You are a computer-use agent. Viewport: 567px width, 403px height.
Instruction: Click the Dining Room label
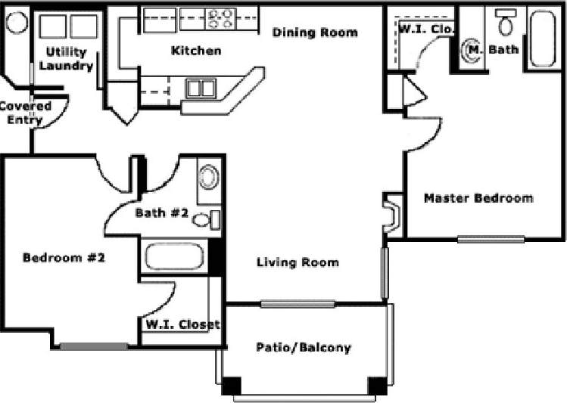(x=314, y=33)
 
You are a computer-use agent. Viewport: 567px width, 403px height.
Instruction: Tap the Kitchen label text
(x=196, y=51)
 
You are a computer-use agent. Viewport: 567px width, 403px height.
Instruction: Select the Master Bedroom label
(x=478, y=198)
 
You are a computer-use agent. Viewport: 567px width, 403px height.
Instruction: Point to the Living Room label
(x=298, y=262)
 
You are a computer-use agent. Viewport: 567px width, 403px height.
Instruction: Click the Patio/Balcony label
(x=303, y=348)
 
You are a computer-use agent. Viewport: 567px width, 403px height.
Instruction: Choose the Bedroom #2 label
(x=63, y=257)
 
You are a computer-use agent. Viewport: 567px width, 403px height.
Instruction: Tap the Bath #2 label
(x=161, y=213)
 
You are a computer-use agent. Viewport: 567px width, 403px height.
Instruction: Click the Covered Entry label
(x=26, y=113)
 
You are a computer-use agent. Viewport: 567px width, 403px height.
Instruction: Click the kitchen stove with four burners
(x=220, y=19)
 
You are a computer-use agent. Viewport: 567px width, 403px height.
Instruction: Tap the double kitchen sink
(x=201, y=88)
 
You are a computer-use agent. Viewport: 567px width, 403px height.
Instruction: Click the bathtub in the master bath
(x=543, y=39)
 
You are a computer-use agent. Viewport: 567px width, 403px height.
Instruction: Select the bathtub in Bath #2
(x=176, y=256)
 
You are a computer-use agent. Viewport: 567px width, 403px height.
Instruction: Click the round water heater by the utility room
(x=17, y=21)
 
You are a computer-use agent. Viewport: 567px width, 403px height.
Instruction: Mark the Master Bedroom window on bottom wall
(x=491, y=240)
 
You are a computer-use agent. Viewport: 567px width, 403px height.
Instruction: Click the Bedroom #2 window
(x=94, y=347)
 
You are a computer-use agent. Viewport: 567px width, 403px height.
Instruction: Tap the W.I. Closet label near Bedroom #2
(x=182, y=325)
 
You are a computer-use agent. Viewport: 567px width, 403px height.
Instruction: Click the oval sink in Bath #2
(x=207, y=179)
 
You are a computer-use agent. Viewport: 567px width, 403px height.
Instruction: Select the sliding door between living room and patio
(x=298, y=304)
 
